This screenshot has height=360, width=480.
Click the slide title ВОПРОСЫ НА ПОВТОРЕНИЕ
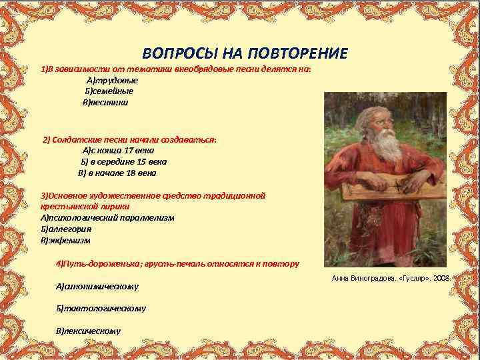pos(245,53)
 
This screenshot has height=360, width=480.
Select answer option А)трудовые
pos(112,80)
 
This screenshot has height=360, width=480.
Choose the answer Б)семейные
pos(109,91)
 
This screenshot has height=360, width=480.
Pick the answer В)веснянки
pos(105,103)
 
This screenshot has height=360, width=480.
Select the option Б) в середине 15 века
pos(124,161)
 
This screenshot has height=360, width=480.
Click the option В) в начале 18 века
pos(117,173)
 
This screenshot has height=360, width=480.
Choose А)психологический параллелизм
pos(107,217)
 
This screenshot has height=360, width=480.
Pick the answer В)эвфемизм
pos(65,240)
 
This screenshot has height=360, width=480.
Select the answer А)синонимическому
pos(97,286)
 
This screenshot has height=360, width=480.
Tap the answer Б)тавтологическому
pos(101,309)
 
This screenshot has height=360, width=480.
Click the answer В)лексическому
pos(89,331)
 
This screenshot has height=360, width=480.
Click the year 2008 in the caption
pos(441,277)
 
